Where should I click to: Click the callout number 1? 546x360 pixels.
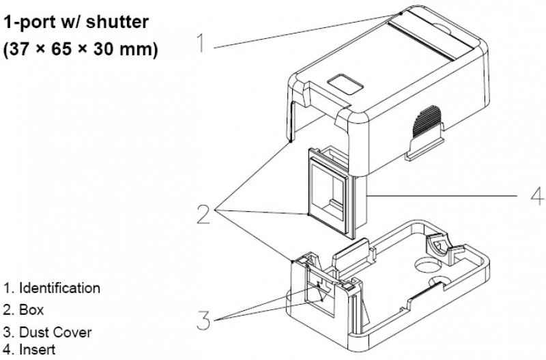[201, 43]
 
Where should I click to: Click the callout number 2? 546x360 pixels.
[203, 214]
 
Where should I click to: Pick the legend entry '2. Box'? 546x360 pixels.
[23, 309]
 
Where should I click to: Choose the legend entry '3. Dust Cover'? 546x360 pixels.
[47, 333]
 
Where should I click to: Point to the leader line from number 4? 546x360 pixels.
[444, 196]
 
